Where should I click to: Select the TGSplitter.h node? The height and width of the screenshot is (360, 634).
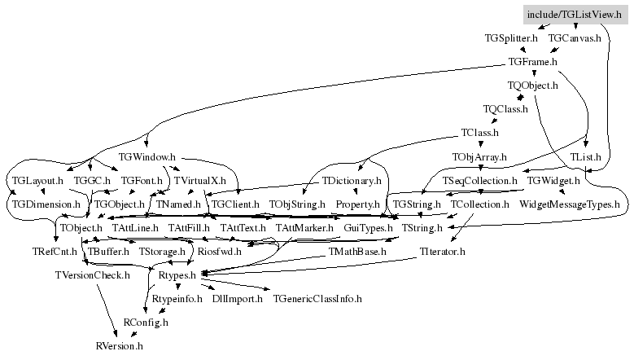(511, 38)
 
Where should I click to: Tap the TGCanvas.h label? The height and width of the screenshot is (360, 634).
(575, 38)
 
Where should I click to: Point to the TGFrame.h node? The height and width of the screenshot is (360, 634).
(532, 61)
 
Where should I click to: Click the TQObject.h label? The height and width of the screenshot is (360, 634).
(532, 86)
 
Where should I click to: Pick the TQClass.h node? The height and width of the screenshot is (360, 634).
(505, 109)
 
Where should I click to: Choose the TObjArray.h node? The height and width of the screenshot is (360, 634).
(479, 156)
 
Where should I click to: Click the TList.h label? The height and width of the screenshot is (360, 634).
(585, 156)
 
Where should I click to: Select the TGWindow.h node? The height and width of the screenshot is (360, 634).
(146, 156)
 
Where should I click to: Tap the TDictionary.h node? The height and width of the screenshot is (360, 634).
(352, 180)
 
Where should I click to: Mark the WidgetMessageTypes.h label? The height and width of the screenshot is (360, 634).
(570, 204)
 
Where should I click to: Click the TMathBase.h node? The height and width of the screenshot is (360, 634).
(357, 252)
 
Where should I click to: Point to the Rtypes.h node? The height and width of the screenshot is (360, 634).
(177, 275)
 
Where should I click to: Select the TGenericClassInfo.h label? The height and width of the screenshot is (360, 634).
(317, 299)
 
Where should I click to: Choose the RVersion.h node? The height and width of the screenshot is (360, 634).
(120, 346)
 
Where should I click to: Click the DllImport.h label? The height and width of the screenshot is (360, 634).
(237, 299)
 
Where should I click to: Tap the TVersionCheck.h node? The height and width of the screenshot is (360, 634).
(92, 275)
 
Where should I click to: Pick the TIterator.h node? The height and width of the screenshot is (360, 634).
(442, 252)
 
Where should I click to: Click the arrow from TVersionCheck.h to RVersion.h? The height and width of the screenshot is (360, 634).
(107, 310)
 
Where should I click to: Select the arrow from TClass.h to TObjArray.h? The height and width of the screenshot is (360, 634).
(481, 143)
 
